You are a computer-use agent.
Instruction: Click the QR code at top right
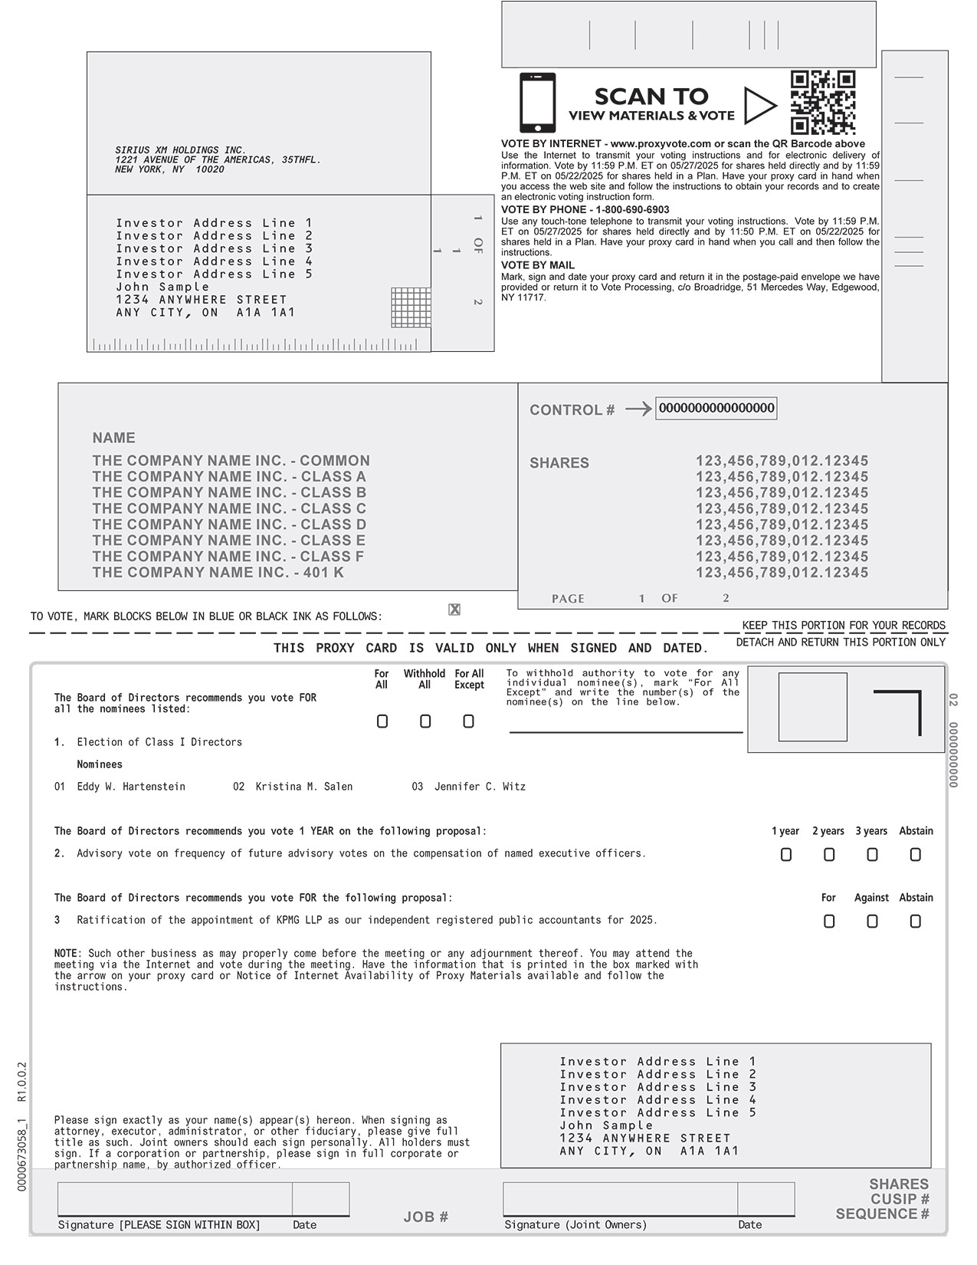(x=823, y=103)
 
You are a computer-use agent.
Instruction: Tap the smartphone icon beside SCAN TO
(x=537, y=103)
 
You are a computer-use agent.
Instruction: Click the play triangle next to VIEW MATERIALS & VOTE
(x=759, y=106)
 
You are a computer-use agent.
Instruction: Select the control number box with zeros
(x=716, y=408)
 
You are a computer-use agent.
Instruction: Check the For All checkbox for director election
(x=382, y=721)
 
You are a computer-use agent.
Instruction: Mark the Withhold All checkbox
(x=425, y=721)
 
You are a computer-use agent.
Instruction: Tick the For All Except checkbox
(x=468, y=721)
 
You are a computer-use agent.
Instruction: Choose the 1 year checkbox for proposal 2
(x=785, y=855)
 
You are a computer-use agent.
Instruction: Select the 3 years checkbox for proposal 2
(x=872, y=855)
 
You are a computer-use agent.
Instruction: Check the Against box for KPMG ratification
(x=872, y=922)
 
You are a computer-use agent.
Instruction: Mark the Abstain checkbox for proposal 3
(x=915, y=922)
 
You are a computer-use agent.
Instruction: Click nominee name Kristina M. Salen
(x=303, y=787)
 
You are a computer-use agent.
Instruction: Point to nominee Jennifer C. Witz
(x=480, y=787)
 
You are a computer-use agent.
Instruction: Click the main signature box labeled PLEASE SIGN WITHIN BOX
(x=175, y=1199)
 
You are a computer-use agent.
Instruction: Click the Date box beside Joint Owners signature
(x=766, y=1199)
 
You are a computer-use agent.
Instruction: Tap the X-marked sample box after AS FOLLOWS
(x=454, y=609)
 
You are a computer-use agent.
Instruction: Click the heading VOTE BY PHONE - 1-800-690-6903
(x=585, y=209)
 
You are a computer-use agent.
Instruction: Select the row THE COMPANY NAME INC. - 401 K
(x=218, y=573)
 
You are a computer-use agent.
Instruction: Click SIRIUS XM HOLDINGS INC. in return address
(x=181, y=150)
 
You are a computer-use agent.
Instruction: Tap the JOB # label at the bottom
(x=425, y=1217)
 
